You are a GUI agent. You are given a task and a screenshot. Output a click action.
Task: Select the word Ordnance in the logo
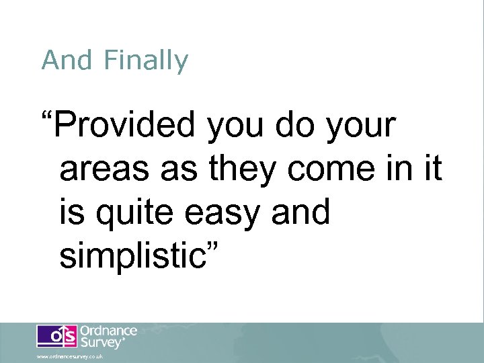click(108, 331)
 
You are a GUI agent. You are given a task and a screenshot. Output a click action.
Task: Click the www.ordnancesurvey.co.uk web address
click(70, 356)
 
